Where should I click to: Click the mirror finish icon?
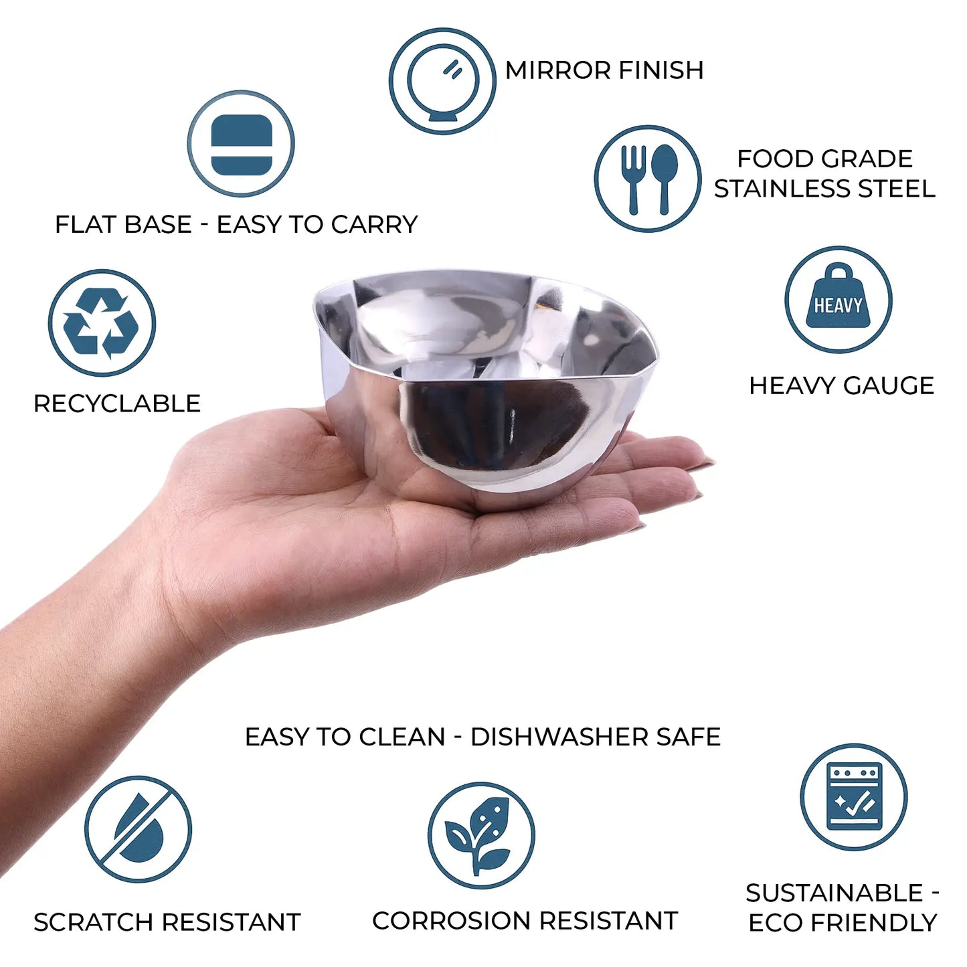click(x=442, y=81)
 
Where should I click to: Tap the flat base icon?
click(x=241, y=144)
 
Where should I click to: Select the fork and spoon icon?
click(x=647, y=179)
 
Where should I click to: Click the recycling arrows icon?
click(x=102, y=323)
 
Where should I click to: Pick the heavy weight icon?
click(x=838, y=300)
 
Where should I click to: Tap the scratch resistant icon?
click(x=138, y=830)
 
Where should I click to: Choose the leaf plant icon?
click(x=481, y=836)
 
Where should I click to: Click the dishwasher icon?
click(x=854, y=798)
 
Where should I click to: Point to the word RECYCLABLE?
click(x=117, y=404)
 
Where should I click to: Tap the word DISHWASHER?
click(x=558, y=737)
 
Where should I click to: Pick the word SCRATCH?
click(x=93, y=922)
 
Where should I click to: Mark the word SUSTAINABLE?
click(x=834, y=893)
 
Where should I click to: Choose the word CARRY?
click(x=374, y=224)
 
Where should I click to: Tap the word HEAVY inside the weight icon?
click(x=838, y=305)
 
